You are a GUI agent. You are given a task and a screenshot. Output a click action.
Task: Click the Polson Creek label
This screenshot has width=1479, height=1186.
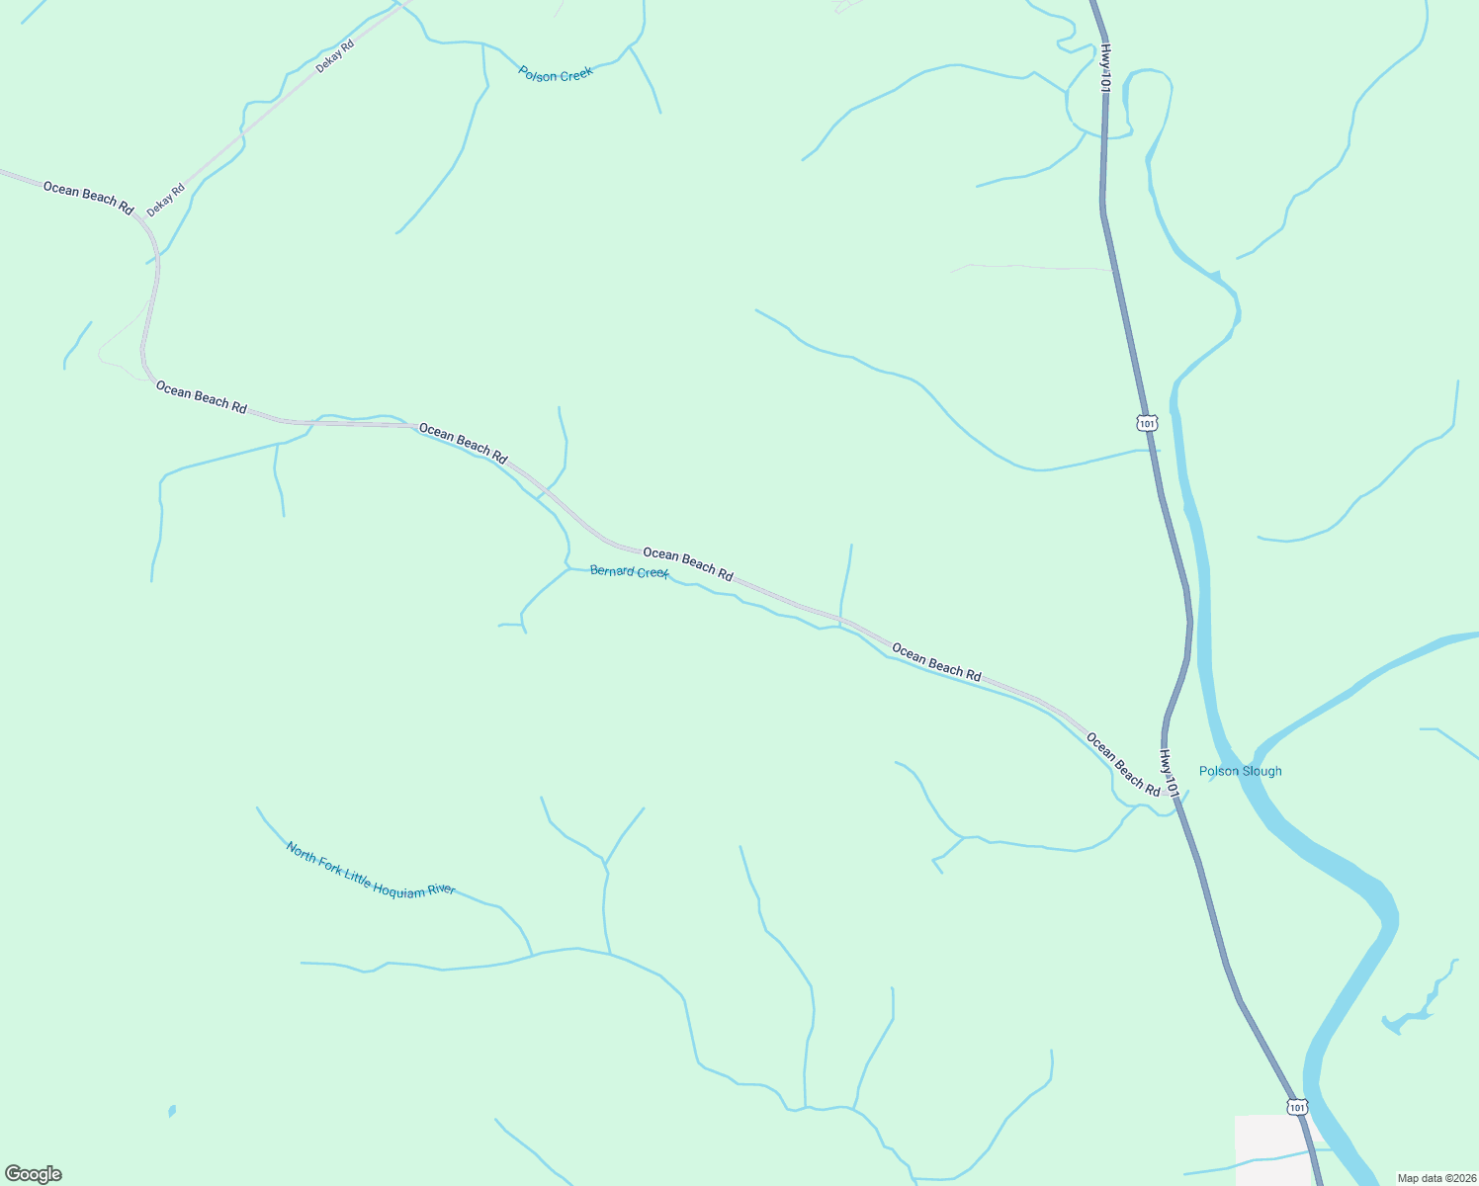[556, 74]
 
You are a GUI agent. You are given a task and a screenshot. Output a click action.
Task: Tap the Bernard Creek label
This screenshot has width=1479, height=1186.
[629, 571]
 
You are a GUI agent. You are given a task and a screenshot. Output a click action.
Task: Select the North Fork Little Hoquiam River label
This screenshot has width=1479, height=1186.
[371, 870]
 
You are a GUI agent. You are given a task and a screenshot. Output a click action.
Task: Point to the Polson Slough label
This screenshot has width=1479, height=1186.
[1240, 771]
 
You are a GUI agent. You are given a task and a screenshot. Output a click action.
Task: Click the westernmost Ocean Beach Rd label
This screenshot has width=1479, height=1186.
[88, 198]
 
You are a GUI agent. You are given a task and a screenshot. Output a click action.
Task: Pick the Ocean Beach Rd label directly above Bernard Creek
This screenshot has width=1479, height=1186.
[688, 563]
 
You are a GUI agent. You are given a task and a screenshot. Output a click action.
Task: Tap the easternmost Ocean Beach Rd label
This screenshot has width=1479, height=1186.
[1123, 764]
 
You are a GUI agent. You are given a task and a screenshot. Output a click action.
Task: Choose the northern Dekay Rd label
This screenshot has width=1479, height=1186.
[335, 56]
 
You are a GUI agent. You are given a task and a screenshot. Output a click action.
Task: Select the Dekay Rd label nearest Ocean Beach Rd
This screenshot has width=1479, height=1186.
[166, 201]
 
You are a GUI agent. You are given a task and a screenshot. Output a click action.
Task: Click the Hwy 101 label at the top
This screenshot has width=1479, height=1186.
[1105, 68]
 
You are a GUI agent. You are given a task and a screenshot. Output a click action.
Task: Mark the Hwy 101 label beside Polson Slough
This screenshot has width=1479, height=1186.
[1170, 773]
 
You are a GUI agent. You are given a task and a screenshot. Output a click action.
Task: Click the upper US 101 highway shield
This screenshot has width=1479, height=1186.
[1146, 423]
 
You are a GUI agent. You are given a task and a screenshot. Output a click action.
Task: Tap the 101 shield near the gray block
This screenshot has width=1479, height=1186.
[1297, 1106]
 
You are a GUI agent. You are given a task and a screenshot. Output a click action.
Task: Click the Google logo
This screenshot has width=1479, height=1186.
[34, 1174]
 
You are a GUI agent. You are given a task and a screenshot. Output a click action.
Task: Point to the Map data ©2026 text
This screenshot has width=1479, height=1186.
[1435, 1178]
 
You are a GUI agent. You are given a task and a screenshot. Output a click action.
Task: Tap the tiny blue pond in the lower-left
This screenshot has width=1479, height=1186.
[172, 1111]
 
